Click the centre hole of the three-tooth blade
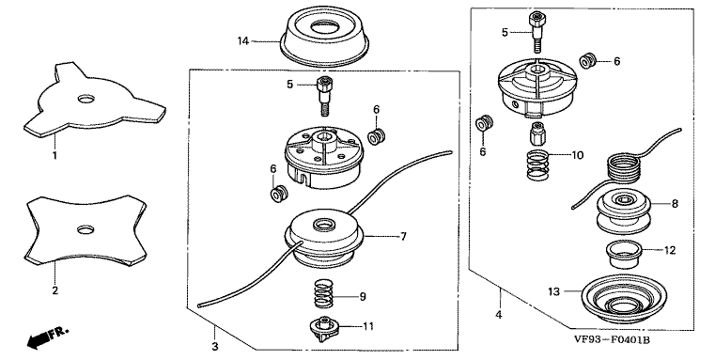[x=85, y=99]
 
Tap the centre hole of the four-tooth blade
[x=85, y=229]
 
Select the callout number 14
[x=243, y=41]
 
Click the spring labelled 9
[x=322, y=296]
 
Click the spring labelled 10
[x=538, y=165]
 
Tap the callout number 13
[x=553, y=291]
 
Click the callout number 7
[x=403, y=236]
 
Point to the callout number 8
[x=675, y=203]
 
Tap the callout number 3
[x=215, y=346]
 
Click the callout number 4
[x=499, y=315]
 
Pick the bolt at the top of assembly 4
[x=536, y=32]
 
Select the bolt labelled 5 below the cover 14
[x=323, y=96]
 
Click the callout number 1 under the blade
[x=54, y=156]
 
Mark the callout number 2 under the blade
[x=54, y=290]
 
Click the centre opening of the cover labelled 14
[x=326, y=28]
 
